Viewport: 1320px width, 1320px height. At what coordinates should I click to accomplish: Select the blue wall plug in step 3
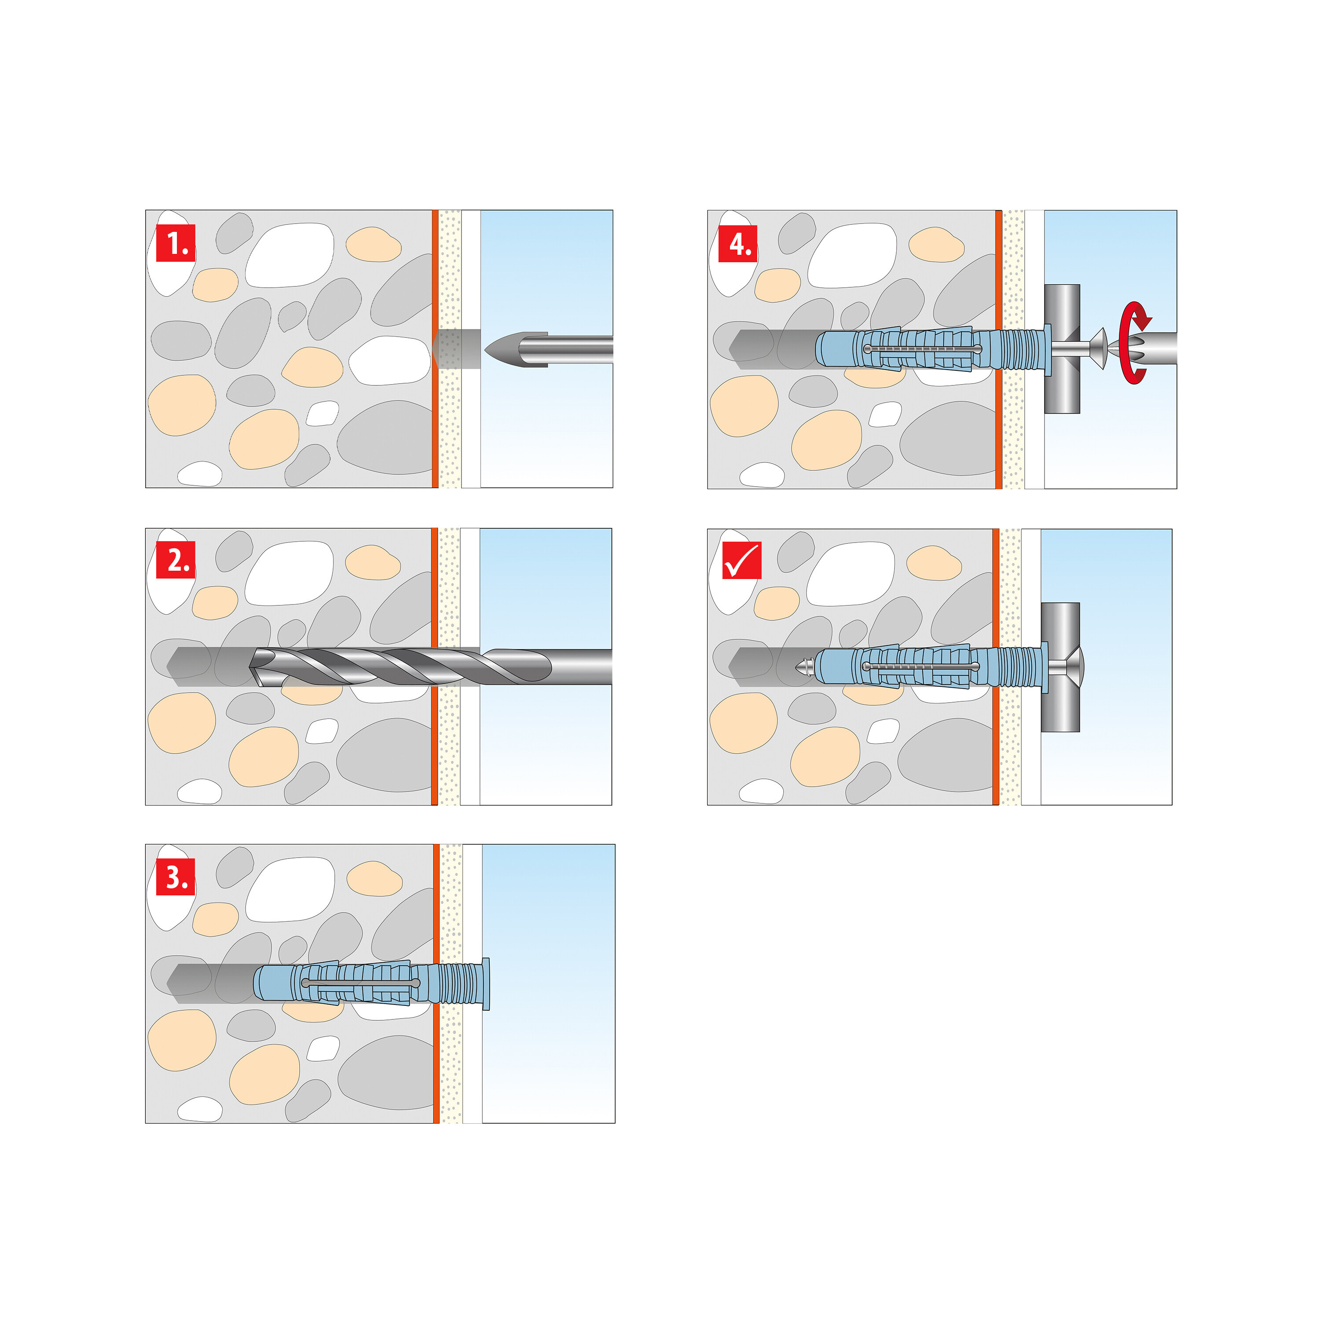coord(355,983)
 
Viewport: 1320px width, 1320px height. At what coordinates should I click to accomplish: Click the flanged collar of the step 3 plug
coord(484,983)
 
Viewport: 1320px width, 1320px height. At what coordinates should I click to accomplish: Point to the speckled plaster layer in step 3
coord(450,1066)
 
